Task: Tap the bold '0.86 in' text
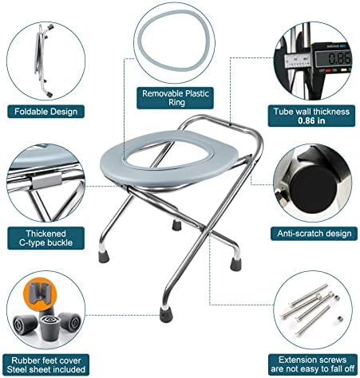click(312, 123)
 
